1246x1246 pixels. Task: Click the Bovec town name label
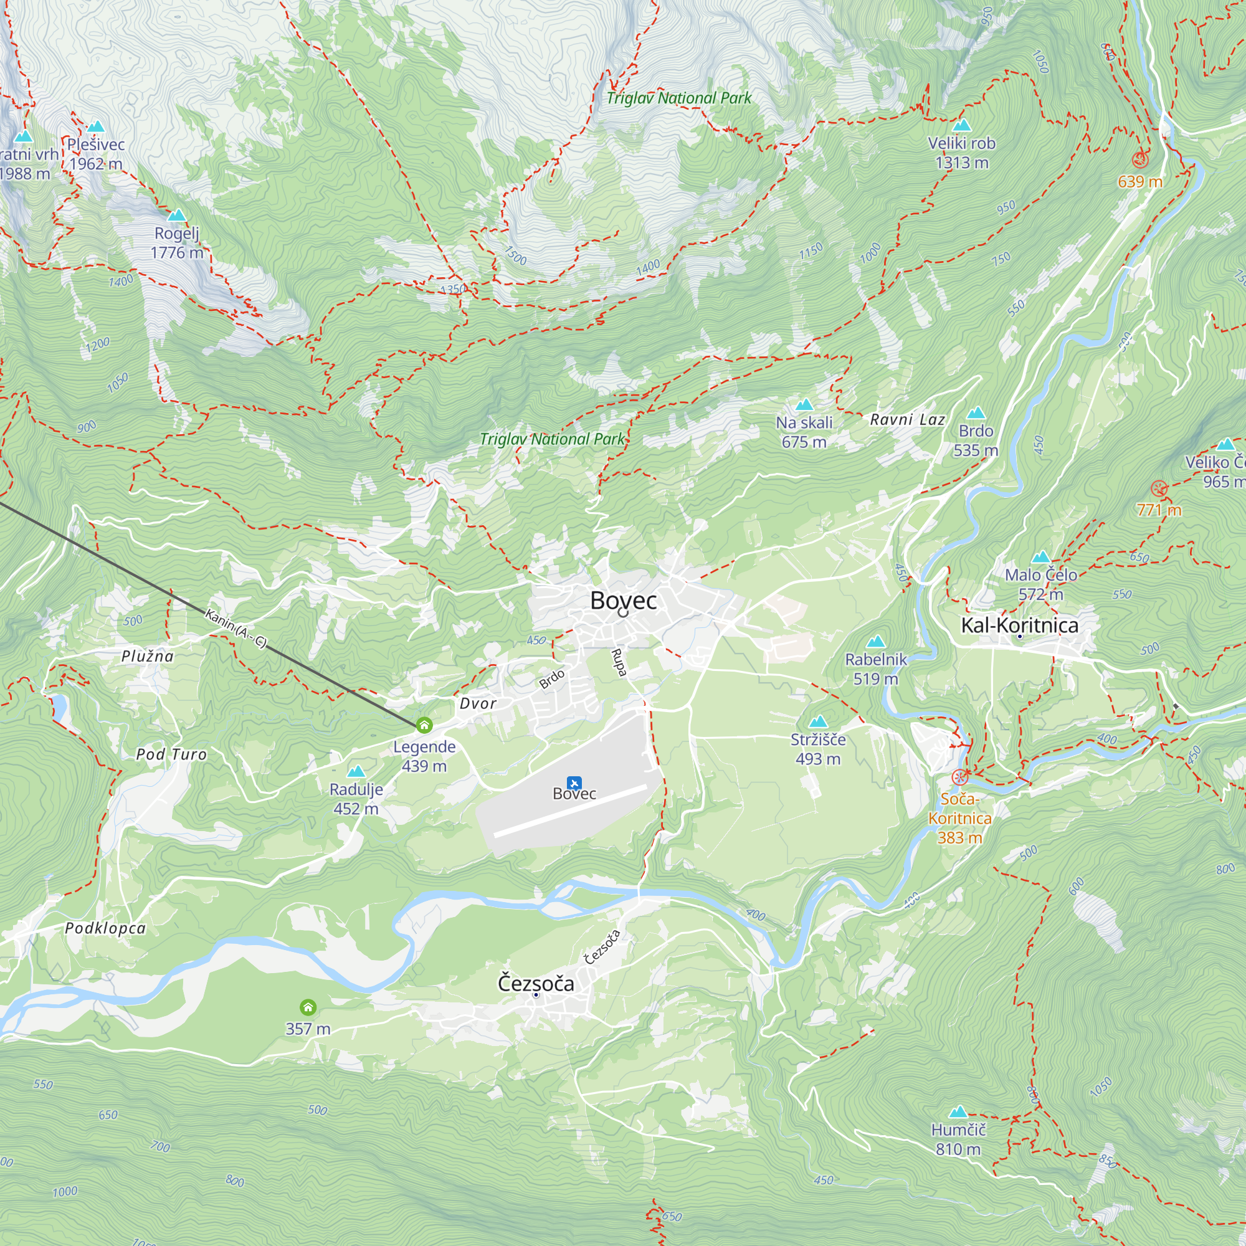pos(623,601)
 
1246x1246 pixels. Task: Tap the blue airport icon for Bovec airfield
pos(573,783)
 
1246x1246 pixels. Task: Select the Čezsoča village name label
pos(535,984)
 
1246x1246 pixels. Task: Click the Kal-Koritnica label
pos(1019,625)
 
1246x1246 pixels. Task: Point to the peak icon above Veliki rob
pos(961,125)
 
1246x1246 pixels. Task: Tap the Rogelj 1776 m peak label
pos(177,243)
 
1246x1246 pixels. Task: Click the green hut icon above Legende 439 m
pos(424,726)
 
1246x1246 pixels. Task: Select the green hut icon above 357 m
pos(308,1007)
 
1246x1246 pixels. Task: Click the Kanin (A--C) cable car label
pos(235,627)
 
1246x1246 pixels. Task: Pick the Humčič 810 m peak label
pos(958,1139)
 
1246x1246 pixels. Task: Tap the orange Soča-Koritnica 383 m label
pos(959,818)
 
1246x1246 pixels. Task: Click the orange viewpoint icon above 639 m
pos(1139,159)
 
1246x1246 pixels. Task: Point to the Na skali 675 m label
pos(804,432)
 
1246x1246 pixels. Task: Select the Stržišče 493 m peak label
pos(818,749)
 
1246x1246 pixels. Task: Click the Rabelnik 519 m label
pos(875,668)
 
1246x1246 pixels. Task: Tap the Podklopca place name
pos(105,928)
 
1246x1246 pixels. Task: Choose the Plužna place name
pos(148,656)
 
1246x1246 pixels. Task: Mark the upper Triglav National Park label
pos(678,98)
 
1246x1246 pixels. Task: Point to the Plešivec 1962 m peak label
pos(96,153)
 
